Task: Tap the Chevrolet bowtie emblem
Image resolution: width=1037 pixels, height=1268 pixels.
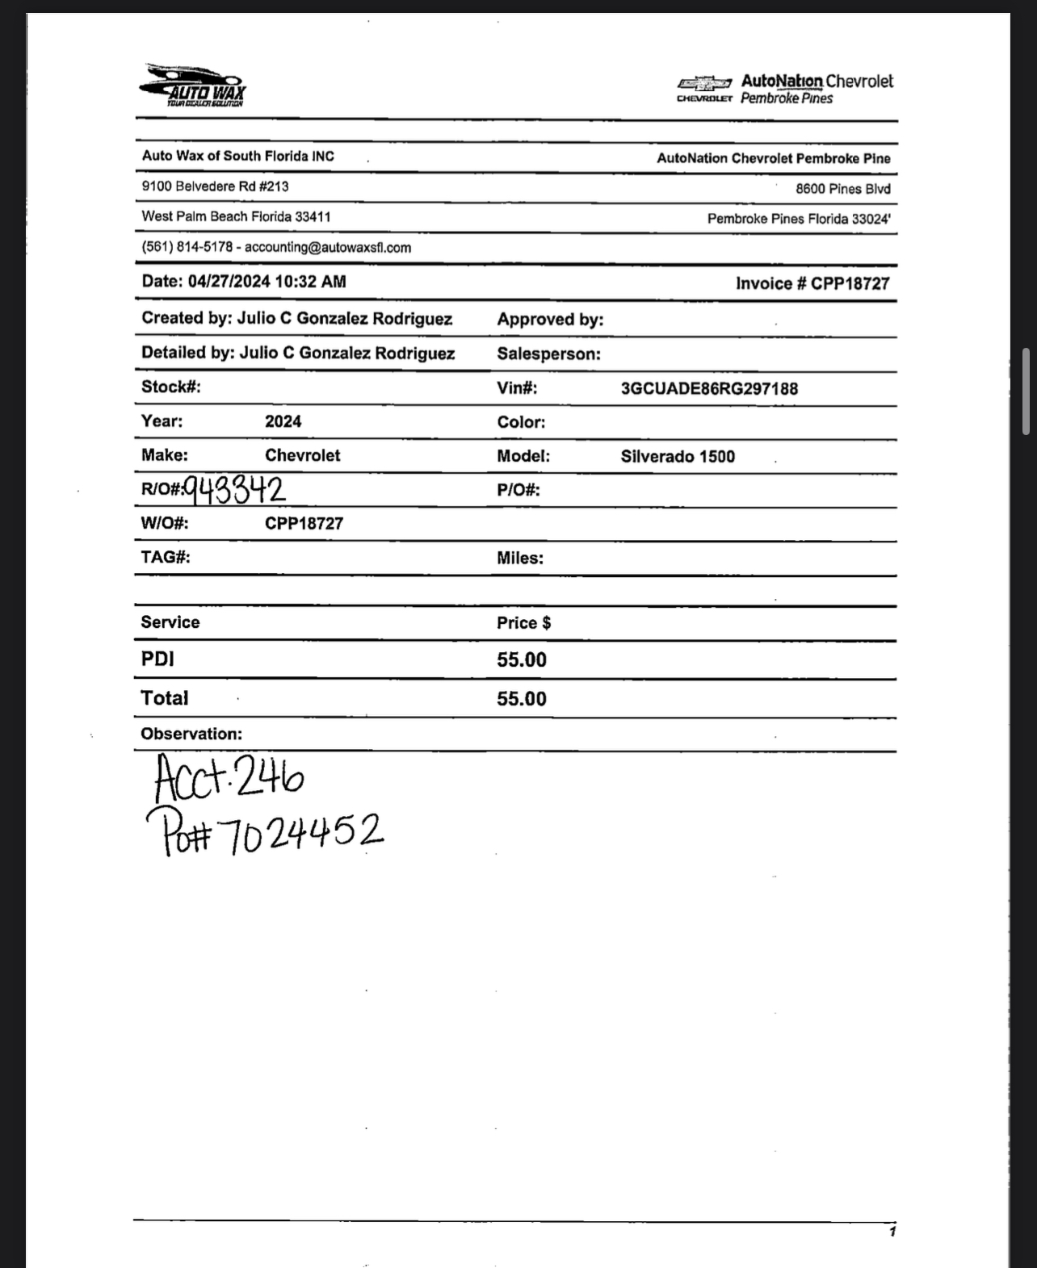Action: (x=704, y=83)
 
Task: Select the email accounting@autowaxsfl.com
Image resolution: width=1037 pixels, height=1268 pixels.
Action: (x=328, y=248)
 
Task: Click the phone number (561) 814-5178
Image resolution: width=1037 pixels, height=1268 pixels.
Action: (x=187, y=248)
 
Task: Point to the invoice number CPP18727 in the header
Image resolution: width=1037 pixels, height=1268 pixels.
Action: (x=850, y=284)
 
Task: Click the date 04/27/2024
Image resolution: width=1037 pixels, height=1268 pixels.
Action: (x=229, y=282)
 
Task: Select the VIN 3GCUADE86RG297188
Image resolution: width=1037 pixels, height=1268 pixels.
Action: (x=709, y=389)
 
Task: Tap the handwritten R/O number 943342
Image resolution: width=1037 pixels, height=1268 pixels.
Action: (x=235, y=490)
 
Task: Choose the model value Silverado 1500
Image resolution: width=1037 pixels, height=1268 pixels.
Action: (x=678, y=457)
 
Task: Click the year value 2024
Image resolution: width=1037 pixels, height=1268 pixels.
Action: (x=283, y=422)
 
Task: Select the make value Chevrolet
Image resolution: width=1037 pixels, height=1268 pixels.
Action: (x=303, y=456)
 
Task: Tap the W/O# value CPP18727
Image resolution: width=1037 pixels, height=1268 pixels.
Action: (x=304, y=524)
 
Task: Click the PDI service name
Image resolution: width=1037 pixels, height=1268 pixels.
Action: (x=157, y=659)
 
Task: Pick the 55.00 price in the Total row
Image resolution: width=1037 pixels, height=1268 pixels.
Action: (x=522, y=699)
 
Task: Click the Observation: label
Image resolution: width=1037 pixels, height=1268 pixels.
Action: (x=191, y=734)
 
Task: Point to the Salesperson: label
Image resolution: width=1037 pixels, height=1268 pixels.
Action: (x=548, y=354)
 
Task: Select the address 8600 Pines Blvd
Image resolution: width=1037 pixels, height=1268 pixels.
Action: (x=842, y=190)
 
